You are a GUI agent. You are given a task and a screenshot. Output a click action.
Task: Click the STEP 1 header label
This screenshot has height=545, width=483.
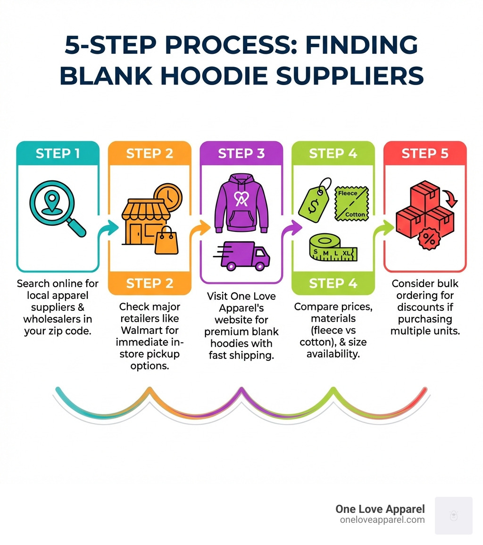pos(58,153)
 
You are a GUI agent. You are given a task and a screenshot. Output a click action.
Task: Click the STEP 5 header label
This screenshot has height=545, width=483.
pos(425,153)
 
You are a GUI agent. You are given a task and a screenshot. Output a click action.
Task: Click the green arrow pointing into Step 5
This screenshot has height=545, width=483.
pos(383,228)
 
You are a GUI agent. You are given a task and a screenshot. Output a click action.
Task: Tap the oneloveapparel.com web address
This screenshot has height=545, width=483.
pos(382,520)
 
